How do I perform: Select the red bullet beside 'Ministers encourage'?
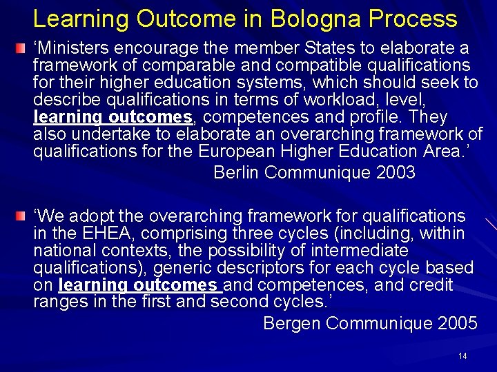(x=23, y=49)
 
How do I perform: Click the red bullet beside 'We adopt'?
(x=23, y=217)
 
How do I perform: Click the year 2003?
(x=396, y=172)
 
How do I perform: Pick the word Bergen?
(x=292, y=322)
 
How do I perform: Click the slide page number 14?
(x=462, y=356)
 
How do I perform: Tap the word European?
(x=240, y=152)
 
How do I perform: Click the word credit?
(x=429, y=285)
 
